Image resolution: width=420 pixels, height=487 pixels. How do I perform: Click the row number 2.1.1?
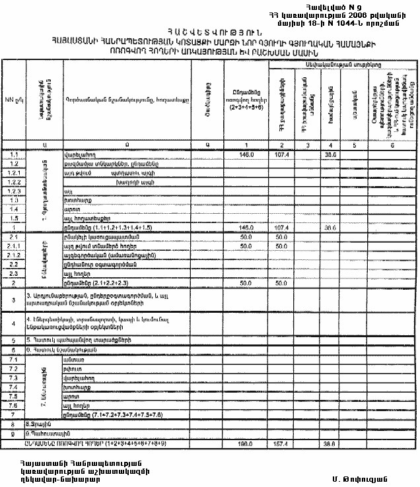pos(13,245)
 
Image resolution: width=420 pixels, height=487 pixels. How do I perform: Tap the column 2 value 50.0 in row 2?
pos(281,282)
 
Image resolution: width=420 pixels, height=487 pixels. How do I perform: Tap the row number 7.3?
pos(13,379)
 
